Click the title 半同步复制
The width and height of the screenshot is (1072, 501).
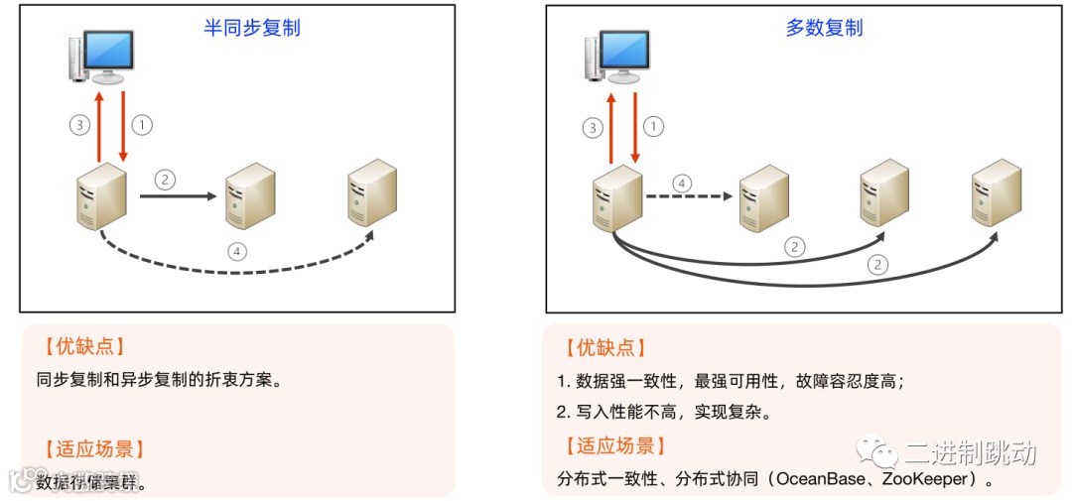click(x=251, y=28)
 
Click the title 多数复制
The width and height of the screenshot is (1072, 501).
click(x=824, y=28)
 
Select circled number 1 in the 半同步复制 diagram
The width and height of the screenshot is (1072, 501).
click(x=142, y=125)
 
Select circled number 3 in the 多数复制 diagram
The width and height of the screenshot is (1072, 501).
click(x=594, y=127)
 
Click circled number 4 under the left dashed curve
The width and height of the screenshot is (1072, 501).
click(x=236, y=251)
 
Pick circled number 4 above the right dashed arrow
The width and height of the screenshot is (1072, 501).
click(x=681, y=184)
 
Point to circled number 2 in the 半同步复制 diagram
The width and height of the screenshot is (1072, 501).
click(x=165, y=180)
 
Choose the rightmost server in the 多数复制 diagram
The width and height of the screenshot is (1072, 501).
click(x=996, y=191)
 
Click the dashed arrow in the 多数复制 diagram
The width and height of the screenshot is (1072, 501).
click(x=684, y=196)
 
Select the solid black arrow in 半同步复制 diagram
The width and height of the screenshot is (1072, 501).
click(x=178, y=196)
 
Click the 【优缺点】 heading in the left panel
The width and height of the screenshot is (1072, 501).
click(x=83, y=346)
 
